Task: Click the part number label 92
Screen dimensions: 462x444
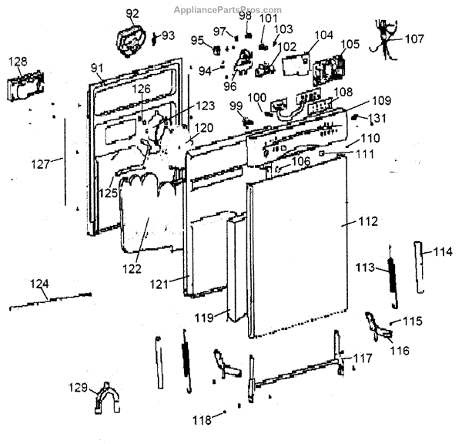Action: (x=132, y=13)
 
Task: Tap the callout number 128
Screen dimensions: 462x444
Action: (x=18, y=62)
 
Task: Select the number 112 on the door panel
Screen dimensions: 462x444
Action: (x=368, y=221)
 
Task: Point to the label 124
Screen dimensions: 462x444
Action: (x=39, y=284)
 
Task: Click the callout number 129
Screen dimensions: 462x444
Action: (x=78, y=388)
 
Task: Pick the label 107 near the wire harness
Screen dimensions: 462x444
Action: (x=414, y=39)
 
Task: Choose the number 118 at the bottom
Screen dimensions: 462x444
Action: (x=202, y=420)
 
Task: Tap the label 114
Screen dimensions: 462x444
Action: (x=443, y=251)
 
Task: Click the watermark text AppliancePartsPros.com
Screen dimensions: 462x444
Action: (x=227, y=10)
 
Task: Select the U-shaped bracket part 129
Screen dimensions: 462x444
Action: (x=107, y=398)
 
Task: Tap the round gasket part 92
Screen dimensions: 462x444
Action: (x=131, y=41)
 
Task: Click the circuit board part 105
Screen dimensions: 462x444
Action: (x=329, y=69)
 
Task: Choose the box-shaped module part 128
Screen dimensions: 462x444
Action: (x=26, y=86)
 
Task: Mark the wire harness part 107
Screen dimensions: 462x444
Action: (x=384, y=39)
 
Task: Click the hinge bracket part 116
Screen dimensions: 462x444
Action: (x=379, y=327)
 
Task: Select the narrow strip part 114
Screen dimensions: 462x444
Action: (x=420, y=267)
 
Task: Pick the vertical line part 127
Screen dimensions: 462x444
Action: (x=65, y=162)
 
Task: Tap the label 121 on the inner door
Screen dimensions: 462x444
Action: (x=159, y=284)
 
